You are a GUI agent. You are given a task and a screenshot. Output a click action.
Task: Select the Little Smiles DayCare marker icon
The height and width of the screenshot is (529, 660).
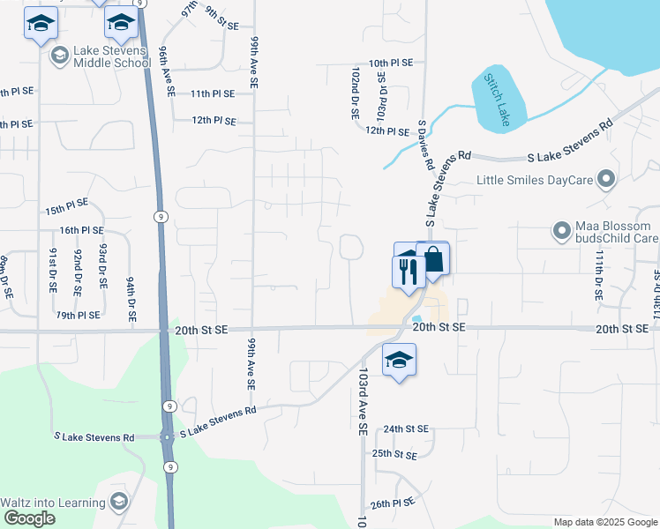coord(605,180)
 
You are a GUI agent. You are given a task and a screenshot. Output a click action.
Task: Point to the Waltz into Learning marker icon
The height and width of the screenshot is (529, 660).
coord(117,503)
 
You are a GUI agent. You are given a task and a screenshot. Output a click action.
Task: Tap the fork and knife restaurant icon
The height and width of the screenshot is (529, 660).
coord(408,270)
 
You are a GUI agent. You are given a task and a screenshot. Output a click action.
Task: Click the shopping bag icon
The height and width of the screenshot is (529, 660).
coord(432,261)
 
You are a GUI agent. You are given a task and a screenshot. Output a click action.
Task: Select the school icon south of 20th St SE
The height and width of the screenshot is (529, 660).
coord(399,360)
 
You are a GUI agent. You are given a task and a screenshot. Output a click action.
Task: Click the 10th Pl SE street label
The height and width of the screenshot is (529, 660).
coord(391,63)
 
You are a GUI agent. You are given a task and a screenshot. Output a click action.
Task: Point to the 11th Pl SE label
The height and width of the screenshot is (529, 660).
coord(212,93)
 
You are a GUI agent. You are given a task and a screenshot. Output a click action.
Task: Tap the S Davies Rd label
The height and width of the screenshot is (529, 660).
coord(425,146)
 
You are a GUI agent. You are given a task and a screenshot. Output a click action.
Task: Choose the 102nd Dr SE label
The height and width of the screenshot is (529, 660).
coord(355,95)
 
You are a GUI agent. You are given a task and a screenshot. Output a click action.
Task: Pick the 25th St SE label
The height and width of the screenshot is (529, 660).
coord(394,454)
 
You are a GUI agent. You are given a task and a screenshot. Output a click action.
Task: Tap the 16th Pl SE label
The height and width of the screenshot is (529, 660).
coord(82,230)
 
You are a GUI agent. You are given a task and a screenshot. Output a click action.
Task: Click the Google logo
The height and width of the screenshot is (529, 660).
coord(29,518)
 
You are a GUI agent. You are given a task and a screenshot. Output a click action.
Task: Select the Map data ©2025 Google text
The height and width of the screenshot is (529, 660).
coord(604,522)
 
